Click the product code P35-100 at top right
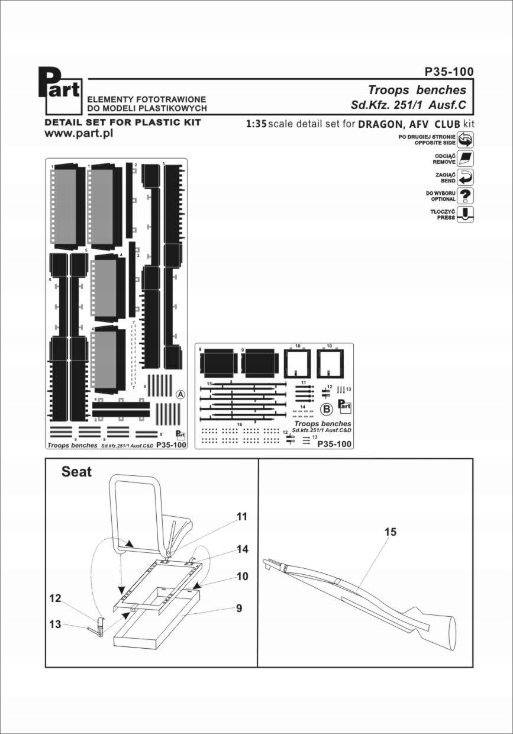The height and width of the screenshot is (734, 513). point(449,72)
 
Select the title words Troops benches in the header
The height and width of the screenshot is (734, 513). point(417,90)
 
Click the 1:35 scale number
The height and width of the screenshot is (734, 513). point(256,124)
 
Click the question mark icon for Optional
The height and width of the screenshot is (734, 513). point(466,196)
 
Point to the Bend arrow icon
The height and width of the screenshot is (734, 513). point(466,177)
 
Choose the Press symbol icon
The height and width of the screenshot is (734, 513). point(466,214)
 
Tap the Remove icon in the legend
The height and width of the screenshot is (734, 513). point(466,158)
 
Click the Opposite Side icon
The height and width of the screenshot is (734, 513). point(466,140)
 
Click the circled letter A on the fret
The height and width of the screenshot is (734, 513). point(181,394)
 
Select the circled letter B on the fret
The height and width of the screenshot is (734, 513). point(325,408)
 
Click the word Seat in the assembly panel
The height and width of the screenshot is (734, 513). point(77,472)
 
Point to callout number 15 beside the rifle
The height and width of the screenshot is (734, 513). point(390,532)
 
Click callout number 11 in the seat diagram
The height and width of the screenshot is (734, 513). point(241,517)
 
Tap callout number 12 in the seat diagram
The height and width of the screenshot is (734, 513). point(55,598)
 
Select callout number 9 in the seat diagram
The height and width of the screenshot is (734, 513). point(239,607)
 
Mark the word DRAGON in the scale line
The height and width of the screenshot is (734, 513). point(382,124)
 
